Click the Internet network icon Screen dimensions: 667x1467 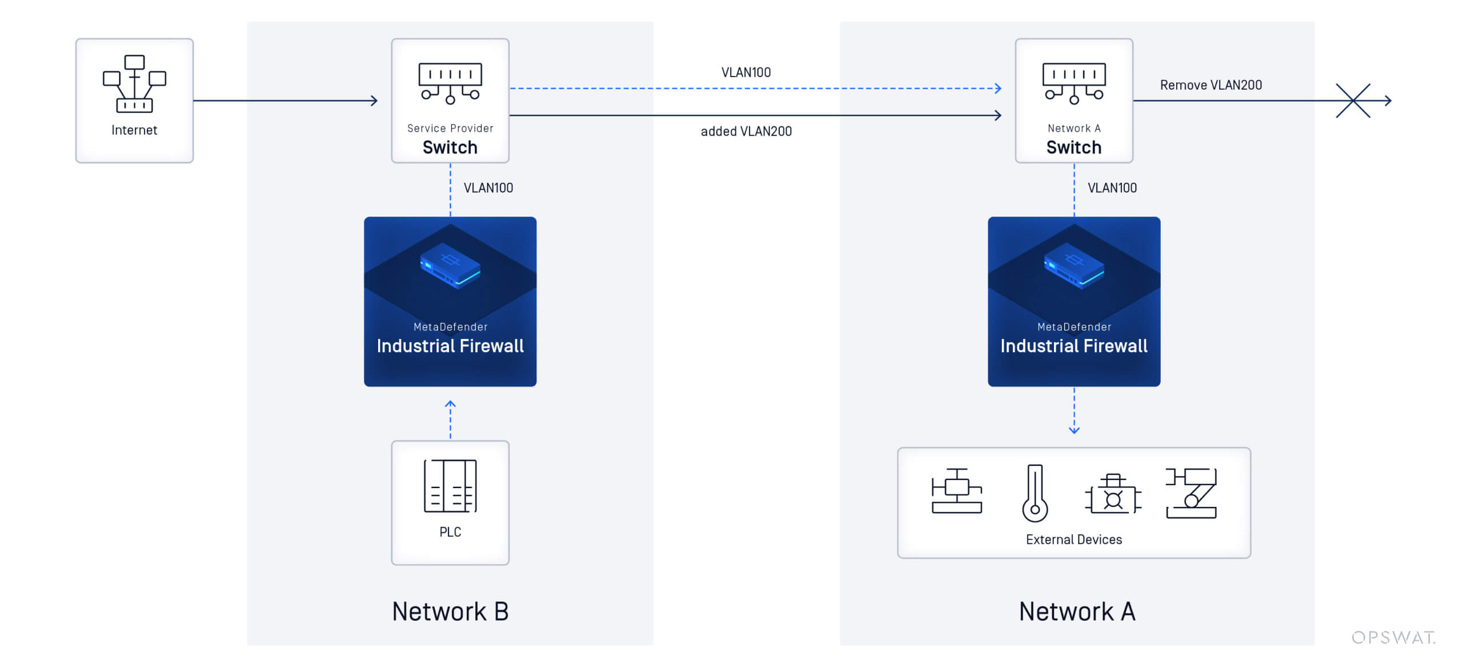(x=134, y=84)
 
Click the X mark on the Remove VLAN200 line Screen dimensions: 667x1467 (x=1353, y=101)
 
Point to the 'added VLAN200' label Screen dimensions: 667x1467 (x=746, y=131)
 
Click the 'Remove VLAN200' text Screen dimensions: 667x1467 (x=1211, y=85)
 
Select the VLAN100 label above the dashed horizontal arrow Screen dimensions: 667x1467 (x=745, y=73)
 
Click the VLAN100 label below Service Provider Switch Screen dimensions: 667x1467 (x=488, y=188)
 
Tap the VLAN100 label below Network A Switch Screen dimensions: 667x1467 (x=1112, y=188)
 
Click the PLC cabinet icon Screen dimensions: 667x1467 (x=450, y=486)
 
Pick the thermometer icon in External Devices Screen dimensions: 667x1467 (x=1035, y=493)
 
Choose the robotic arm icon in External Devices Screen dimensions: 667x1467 (x=1191, y=493)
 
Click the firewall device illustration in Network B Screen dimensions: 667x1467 (x=450, y=266)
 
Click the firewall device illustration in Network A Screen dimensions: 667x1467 (x=1073, y=266)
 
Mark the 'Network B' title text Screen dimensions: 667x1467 (x=450, y=612)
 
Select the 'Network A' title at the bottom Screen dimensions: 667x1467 (x=1077, y=612)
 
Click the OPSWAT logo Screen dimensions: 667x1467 (x=1393, y=637)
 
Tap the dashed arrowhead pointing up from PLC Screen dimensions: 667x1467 (x=450, y=404)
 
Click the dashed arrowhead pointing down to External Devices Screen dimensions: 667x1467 (x=1074, y=430)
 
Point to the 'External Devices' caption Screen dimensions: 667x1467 (x=1073, y=540)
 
